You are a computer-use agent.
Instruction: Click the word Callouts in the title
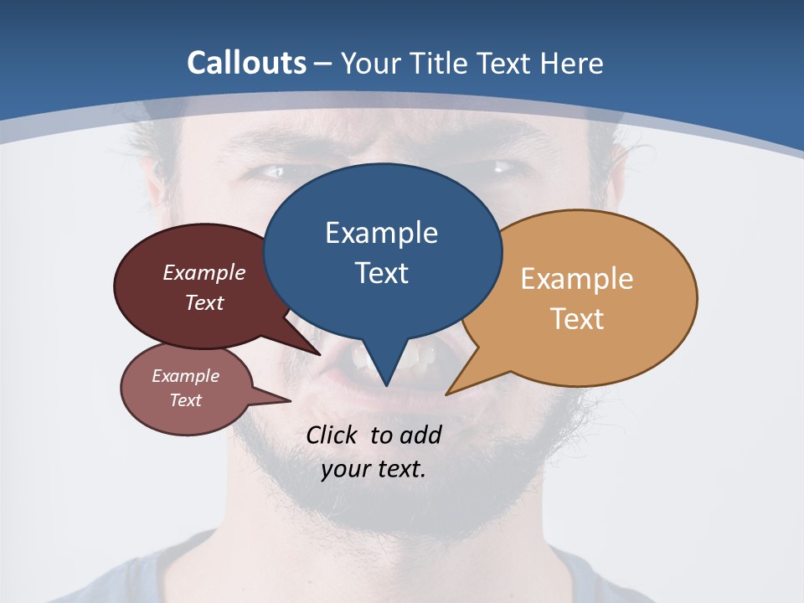pyautogui.click(x=247, y=63)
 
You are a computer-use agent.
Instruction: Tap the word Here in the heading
pyautogui.click(x=571, y=63)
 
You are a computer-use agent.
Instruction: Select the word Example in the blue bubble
pyautogui.click(x=381, y=233)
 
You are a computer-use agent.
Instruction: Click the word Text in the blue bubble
pyautogui.click(x=381, y=273)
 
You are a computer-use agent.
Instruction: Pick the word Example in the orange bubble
pyautogui.click(x=577, y=279)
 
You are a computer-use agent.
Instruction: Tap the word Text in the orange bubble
pyautogui.click(x=577, y=319)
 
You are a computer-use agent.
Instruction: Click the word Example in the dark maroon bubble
pyautogui.click(x=204, y=272)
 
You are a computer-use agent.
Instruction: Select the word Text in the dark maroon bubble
pyautogui.click(x=204, y=302)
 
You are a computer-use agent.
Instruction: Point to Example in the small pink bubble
pyautogui.click(x=186, y=376)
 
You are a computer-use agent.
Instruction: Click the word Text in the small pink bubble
pyautogui.click(x=186, y=400)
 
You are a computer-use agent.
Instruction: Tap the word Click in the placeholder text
pyautogui.click(x=332, y=435)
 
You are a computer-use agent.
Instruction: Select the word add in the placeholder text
pyautogui.click(x=420, y=435)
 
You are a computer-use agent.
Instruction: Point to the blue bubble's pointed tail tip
pyautogui.click(x=386, y=386)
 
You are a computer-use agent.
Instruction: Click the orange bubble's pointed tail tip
pyautogui.click(x=446, y=394)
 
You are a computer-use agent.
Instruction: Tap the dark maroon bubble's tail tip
pyautogui.click(x=319, y=354)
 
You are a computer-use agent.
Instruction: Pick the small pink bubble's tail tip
pyautogui.click(x=290, y=401)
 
